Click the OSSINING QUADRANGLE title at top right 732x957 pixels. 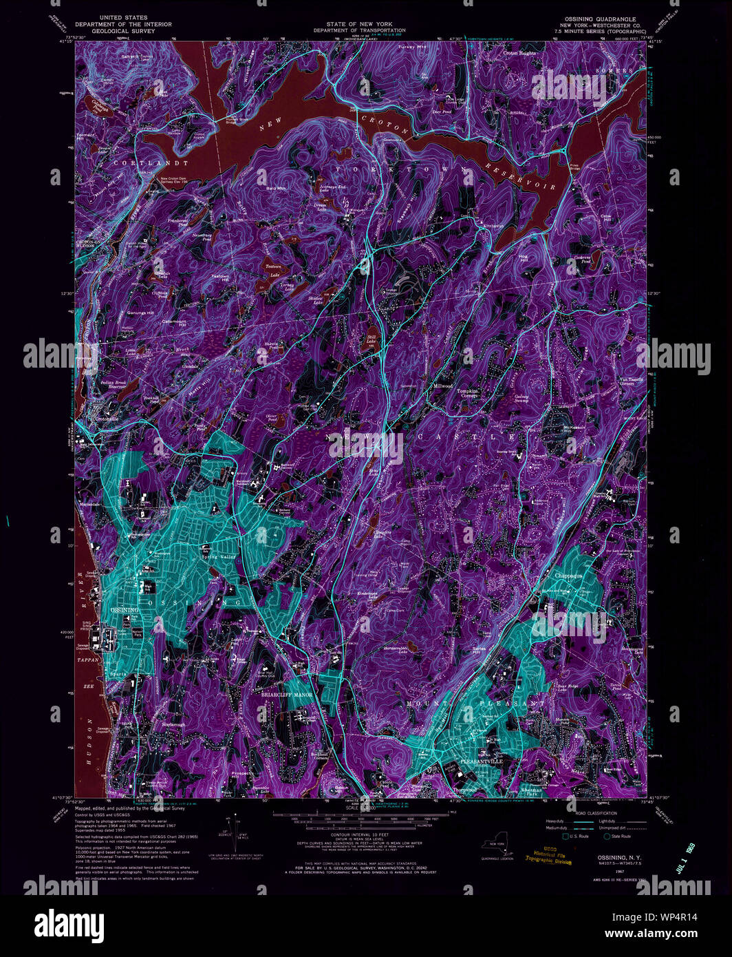(597, 19)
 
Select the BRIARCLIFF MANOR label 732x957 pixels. (287, 696)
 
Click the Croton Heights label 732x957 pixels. (519, 53)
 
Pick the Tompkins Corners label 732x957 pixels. (469, 393)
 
